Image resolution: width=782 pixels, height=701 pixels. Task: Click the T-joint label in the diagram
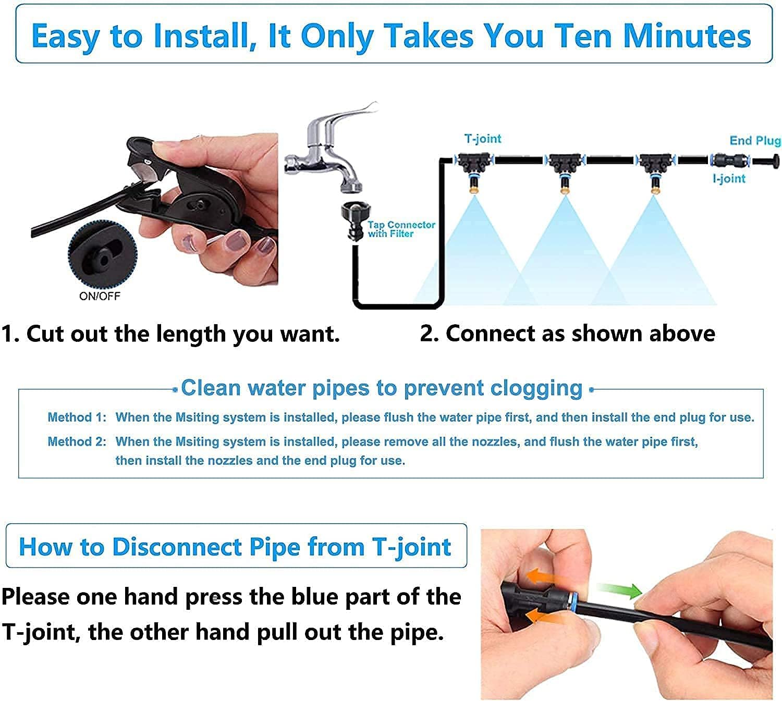(482, 139)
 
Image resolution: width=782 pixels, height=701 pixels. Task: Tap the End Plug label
(755, 141)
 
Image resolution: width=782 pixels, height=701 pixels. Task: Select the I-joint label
(729, 178)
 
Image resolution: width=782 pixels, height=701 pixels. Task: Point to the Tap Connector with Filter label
(401, 229)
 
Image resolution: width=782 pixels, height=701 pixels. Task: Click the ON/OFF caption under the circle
(100, 296)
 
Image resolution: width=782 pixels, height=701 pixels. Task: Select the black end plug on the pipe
(766, 161)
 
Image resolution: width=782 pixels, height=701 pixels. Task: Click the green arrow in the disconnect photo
(619, 590)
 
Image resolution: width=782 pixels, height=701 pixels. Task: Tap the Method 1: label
(77, 417)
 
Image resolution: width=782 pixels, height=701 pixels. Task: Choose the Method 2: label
(77, 441)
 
